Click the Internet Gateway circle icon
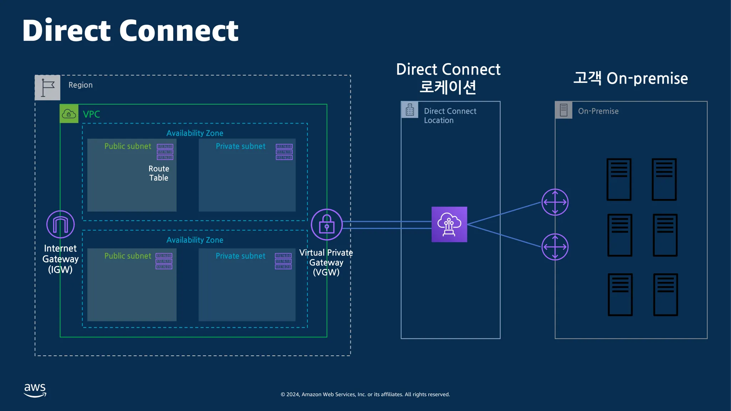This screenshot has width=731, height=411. pyautogui.click(x=60, y=224)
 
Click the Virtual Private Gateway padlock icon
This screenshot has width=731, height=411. pyautogui.click(x=327, y=224)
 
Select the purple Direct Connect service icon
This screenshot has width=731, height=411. pyautogui.click(x=449, y=224)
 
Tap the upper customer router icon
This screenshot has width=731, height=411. pyautogui.click(x=555, y=202)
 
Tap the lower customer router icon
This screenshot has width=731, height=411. pyautogui.click(x=555, y=247)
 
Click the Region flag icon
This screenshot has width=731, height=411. pyautogui.click(x=47, y=87)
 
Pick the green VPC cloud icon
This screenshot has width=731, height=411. pyautogui.click(x=69, y=114)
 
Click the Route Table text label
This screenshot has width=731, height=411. pyautogui.click(x=159, y=173)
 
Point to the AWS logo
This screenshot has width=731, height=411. pyautogui.click(x=35, y=390)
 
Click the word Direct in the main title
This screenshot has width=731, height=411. pyautogui.click(x=66, y=31)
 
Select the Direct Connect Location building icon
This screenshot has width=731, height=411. pyautogui.click(x=410, y=110)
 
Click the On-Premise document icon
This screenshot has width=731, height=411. pyautogui.click(x=564, y=110)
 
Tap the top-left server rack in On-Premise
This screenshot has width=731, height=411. pyautogui.click(x=619, y=179)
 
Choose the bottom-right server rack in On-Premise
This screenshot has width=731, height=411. pyautogui.click(x=665, y=295)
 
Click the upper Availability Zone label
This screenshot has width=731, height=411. pyautogui.click(x=195, y=133)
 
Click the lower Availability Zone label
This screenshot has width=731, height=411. pyautogui.click(x=195, y=240)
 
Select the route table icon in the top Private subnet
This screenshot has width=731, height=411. pyautogui.click(x=284, y=152)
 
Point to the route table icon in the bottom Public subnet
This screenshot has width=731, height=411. pyautogui.click(x=164, y=261)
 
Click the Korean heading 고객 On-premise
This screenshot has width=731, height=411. pyautogui.click(x=630, y=78)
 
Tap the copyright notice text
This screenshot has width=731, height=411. pyautogui.click(x=365, y=394)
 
